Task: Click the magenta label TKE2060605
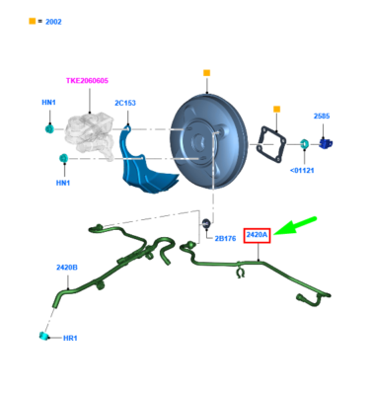coord(87,81)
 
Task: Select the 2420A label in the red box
coord(257,235)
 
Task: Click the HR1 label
coord(70,338)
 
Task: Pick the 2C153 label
coord(125,103)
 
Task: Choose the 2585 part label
coord(322,116)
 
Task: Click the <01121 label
coord(302,169)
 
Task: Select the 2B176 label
coord(224,238)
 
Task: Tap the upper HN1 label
coord(48,103)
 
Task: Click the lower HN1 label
coord(63,182)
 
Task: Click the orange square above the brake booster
coord(207,72)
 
